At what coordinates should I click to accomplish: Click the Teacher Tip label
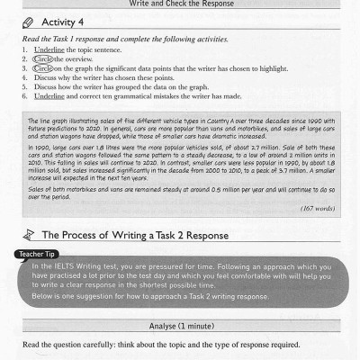coord(38,255)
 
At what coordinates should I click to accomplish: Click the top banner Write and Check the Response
coord(180,4)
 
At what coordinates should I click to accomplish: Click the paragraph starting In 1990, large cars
coord(180,162)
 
